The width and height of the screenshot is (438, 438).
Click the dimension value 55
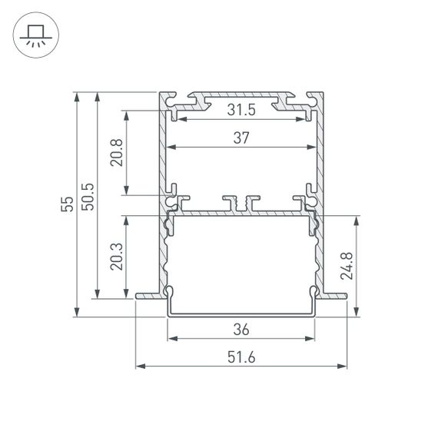[x=68, y=204]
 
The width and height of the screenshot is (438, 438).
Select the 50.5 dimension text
[x=89, y=196]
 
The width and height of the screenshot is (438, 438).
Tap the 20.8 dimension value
[x=115, y=153]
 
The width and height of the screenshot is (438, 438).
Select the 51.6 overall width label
[x=241, y=356]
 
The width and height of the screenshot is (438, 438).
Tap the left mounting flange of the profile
[x=149, y=294]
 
